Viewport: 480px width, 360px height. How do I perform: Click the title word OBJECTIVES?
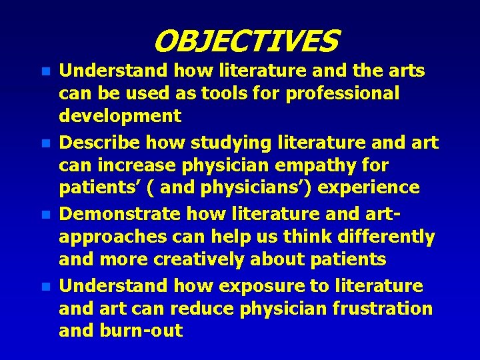[x=246, y=41]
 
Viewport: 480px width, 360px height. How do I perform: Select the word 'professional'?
[x=343, y=94]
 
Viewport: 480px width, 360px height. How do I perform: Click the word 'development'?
[x=120, y=116]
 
